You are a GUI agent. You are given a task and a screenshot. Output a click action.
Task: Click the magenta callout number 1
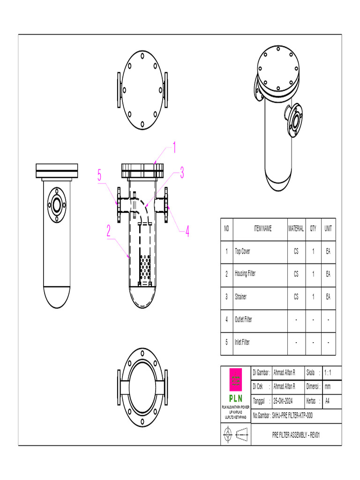(x=174, y=149)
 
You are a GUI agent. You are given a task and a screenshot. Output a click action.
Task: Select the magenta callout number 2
(x=108, y=231)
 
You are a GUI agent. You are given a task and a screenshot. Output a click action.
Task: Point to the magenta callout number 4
(x=187, y=231)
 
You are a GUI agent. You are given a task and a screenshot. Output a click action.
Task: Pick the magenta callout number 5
(x=99, y=176)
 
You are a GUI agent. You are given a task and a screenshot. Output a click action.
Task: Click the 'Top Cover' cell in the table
(x=242, y=252)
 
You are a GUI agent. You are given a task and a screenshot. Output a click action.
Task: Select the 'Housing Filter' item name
(x=245, y=274)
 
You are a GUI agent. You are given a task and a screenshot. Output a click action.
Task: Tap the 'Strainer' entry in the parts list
(x=240, y=297)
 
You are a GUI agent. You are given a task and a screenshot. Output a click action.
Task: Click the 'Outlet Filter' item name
(x=243, y=320)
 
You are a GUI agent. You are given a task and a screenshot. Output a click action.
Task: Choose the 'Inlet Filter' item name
(x=242, y=343)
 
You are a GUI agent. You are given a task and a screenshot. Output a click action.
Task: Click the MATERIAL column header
(x=296, y=229)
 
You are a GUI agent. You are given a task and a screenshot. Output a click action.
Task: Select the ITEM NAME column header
(x=262, y=229)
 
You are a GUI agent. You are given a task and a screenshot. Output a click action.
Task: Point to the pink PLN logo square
(x=236, y=380)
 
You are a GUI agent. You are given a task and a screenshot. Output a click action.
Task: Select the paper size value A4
(x=327, y=401)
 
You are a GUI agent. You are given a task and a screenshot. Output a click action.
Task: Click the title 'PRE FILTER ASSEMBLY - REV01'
(x=296, y=435)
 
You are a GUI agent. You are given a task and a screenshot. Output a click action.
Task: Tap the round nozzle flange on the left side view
(x=57, y=205)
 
